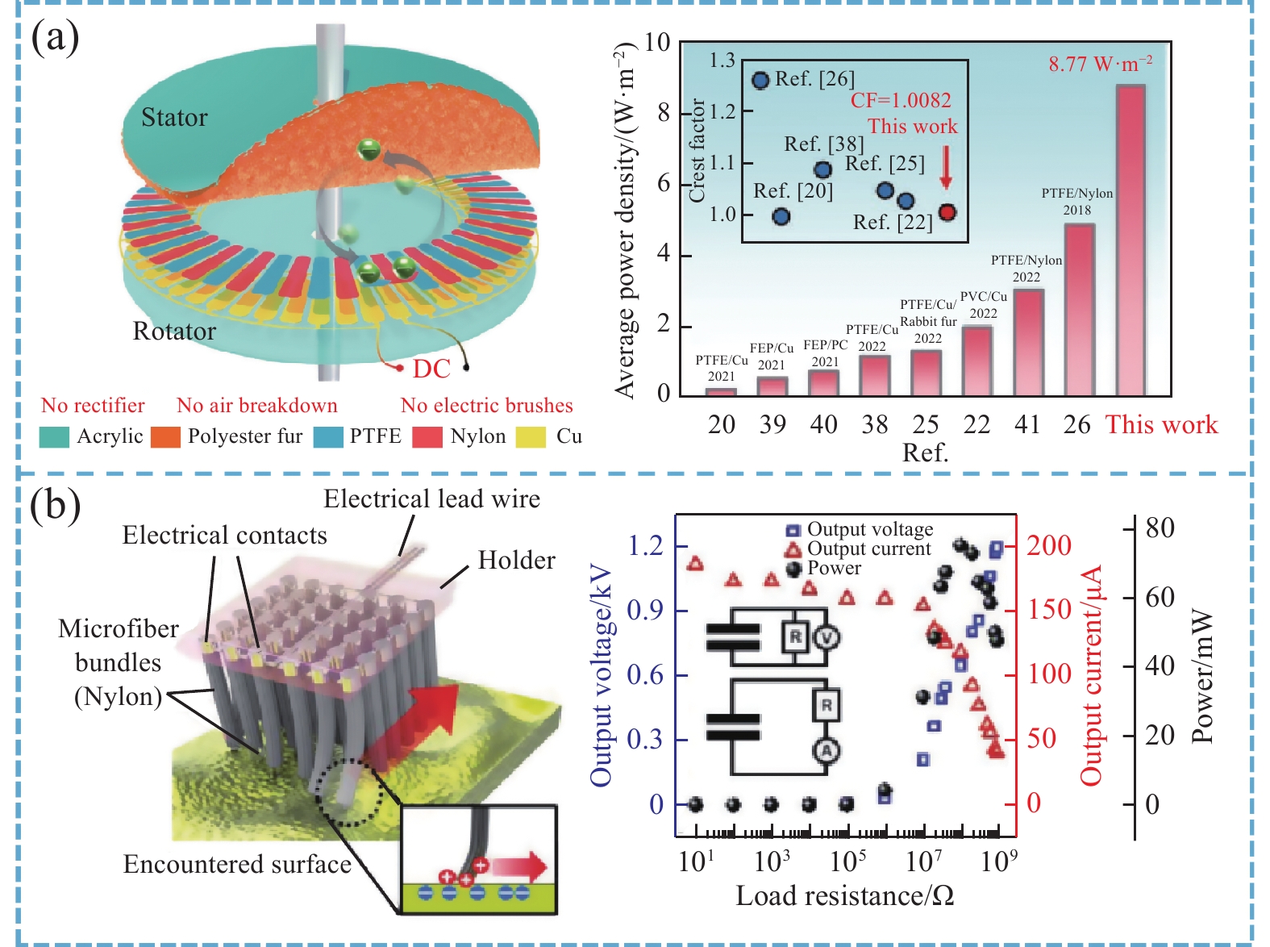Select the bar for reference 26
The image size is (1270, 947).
[x=1079, y=310]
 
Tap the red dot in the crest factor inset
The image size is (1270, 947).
[x=947, y=212]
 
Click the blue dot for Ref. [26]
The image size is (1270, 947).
[x=760, y=80]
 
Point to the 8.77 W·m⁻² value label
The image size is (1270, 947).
[x=1100, y=64]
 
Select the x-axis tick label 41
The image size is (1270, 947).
[x=1027, y=424]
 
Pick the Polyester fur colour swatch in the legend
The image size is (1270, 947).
[x=165, y=436]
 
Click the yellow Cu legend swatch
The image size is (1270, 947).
[x=531, y=436]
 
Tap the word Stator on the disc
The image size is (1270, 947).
[x=174, y=118]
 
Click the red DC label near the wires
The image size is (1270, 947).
[x=431, y=369]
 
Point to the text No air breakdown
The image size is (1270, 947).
[x=257, y=405]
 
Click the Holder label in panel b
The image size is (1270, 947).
[x=516, y=560]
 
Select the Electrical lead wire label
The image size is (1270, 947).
[x=431, y=499]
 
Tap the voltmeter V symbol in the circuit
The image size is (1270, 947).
[x=827, y=637]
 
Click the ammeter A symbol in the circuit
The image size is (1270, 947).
[x=827, y=751]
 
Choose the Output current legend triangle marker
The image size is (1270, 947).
[x=793, y=549]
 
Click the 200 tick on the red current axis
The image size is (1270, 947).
[x=1049, y=545]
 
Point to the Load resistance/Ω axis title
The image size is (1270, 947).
[x=844, y=895]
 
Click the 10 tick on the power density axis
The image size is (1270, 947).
[x=657, y=42]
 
